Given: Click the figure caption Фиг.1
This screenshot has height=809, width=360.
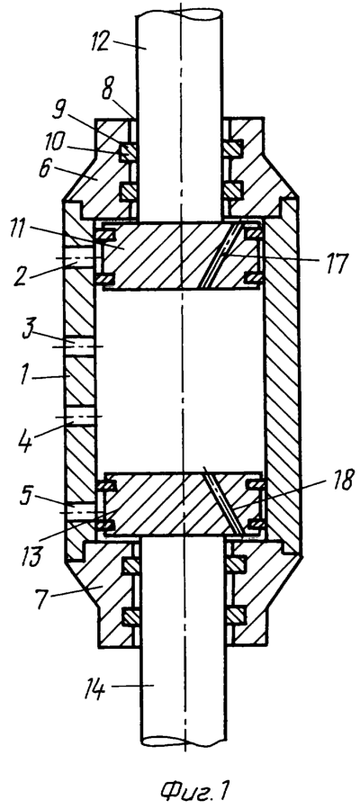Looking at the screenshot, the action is coord(193,789).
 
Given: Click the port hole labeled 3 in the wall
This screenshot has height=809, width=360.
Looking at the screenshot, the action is coord(79,346).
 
